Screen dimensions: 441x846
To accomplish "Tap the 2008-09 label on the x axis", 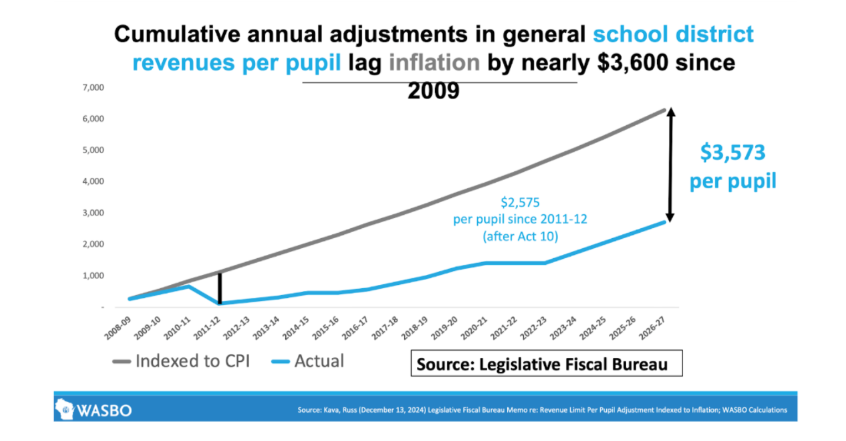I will pos(118,327).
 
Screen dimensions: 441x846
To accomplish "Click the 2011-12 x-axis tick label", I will pos(207,327).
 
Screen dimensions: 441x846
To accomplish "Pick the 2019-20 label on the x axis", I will pos(445,327).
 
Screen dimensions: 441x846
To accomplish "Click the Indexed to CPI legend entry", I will pos(182,361).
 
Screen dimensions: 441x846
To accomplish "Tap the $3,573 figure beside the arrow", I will pos(732,152).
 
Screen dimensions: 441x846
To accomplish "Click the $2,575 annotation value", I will pos(520,202).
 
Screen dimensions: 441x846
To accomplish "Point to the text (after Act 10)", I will pos(520,237).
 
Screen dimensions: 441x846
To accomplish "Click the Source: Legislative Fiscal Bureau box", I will pos(546,363).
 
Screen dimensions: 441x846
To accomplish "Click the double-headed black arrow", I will pos(670,165).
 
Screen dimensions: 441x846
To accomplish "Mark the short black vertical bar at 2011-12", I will pos(220,288).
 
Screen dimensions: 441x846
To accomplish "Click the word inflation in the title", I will pos(434,63).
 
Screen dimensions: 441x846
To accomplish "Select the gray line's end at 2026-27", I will pos(664,110).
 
